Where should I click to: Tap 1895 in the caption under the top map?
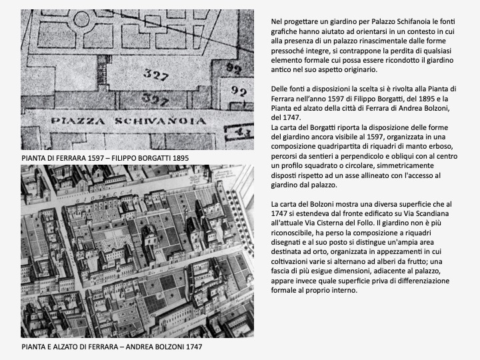click(177, 157)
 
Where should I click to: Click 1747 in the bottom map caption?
click(190, 347)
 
